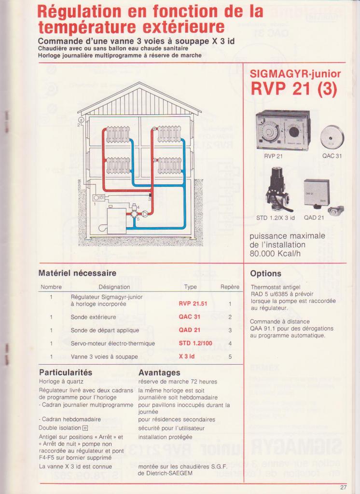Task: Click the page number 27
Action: point(343,487)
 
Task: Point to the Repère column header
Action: point(230,287)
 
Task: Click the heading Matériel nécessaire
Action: point(77,274)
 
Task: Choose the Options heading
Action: point(265,274)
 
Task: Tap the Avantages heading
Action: point(159,372)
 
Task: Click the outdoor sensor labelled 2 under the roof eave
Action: point(81,119)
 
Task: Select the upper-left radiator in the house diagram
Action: point(118,134)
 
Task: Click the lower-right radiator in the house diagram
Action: point(169,165)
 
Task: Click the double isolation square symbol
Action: point(85,428)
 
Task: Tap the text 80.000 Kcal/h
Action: point(271,253)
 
